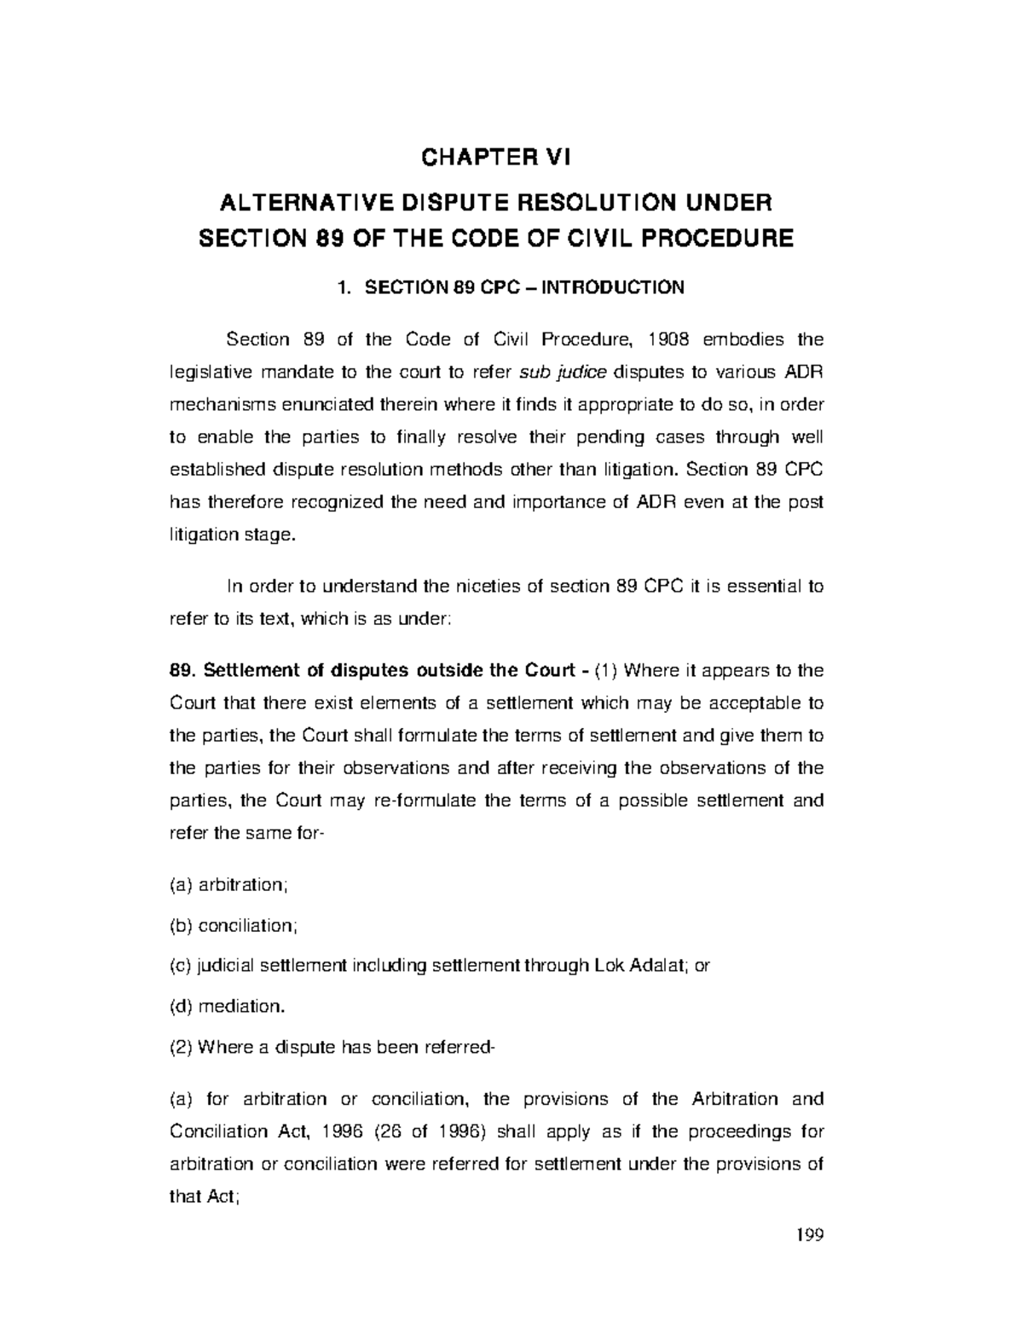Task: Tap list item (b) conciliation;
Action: point(234,925)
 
